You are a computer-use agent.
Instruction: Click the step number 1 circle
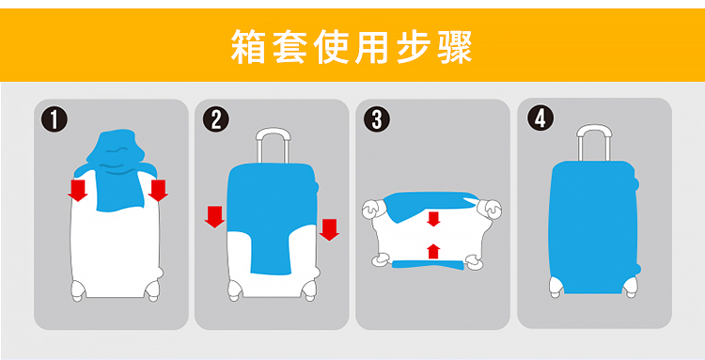54,120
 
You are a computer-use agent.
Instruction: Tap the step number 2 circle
216,120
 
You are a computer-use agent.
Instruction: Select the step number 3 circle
377,119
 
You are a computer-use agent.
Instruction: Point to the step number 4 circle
540,118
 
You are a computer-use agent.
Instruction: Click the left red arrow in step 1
78,190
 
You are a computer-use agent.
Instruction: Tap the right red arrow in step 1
158,190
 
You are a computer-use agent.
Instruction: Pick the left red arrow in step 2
214,216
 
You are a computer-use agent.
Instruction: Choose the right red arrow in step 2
329,229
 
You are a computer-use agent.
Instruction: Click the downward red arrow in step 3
433,219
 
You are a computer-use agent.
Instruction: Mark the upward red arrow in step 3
433,251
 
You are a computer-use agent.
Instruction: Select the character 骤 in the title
455,46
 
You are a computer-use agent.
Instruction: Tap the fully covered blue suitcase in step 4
594,227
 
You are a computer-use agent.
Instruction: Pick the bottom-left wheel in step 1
78,290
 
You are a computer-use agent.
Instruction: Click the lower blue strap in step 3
428,265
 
